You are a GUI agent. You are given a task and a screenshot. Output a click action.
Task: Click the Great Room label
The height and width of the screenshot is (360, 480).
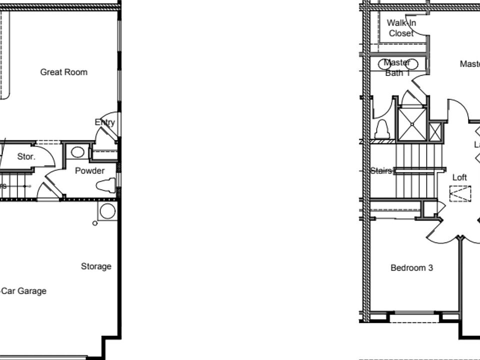pyautogui.click(x=63, y=72)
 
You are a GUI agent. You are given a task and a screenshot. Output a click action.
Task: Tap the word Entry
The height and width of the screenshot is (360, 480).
pyautogui.click(x=104, y=122)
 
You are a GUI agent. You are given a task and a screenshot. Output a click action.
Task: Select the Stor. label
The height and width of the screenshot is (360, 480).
pyautogui.click(x=26, y=156)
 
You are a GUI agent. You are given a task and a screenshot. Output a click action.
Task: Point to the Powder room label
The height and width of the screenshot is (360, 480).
pyautogui.click(x=89, y=171)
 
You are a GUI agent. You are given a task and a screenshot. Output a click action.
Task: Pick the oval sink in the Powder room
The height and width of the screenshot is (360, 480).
pyautogui.click(x=77, y=152)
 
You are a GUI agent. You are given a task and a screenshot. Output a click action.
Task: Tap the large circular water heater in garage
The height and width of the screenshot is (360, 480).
pyautogui.click(x=107, y=211)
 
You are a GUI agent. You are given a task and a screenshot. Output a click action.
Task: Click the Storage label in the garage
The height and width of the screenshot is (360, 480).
pyautogui.click(x=96, y=266)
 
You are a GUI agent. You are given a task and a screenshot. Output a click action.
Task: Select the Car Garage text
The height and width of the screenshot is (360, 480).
pyautogui.click(x=23, y=291)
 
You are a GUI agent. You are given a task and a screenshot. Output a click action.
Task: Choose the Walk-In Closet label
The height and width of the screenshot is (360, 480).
pyautogui.click(x=401, y=28)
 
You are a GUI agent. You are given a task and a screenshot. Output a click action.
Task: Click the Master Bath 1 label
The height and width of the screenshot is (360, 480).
pyautogui.click(x=397, y=68)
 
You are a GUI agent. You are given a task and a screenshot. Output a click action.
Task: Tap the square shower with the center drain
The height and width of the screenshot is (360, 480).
pyautogui.click(x=411, y=124)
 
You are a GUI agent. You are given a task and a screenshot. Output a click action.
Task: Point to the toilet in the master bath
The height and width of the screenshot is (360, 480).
pyautogui.click(x=382, y=130)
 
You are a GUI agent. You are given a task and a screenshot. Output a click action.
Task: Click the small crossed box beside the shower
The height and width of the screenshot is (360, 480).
pyautogui.click(x=436, y=132)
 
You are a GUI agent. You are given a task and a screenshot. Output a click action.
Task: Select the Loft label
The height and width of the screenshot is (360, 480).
pyautogui.click(x=459, y=177)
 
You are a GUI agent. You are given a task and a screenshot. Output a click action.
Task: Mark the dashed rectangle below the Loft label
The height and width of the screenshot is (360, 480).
pyautogui.click(x=460, y=193)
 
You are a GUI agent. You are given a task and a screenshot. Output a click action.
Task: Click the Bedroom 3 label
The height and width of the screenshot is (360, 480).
pyautogui.click(x=411, y=268)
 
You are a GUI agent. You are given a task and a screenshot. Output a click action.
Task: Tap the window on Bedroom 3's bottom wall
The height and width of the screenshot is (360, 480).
pyautogui.click(x=414, y=316)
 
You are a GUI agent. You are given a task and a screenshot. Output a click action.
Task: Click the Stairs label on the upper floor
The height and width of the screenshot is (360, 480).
pyautogui.click(x=381, y=171)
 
